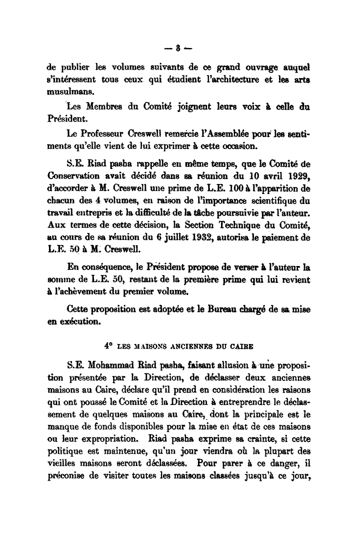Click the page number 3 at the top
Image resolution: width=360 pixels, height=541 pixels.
coord(177,48)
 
